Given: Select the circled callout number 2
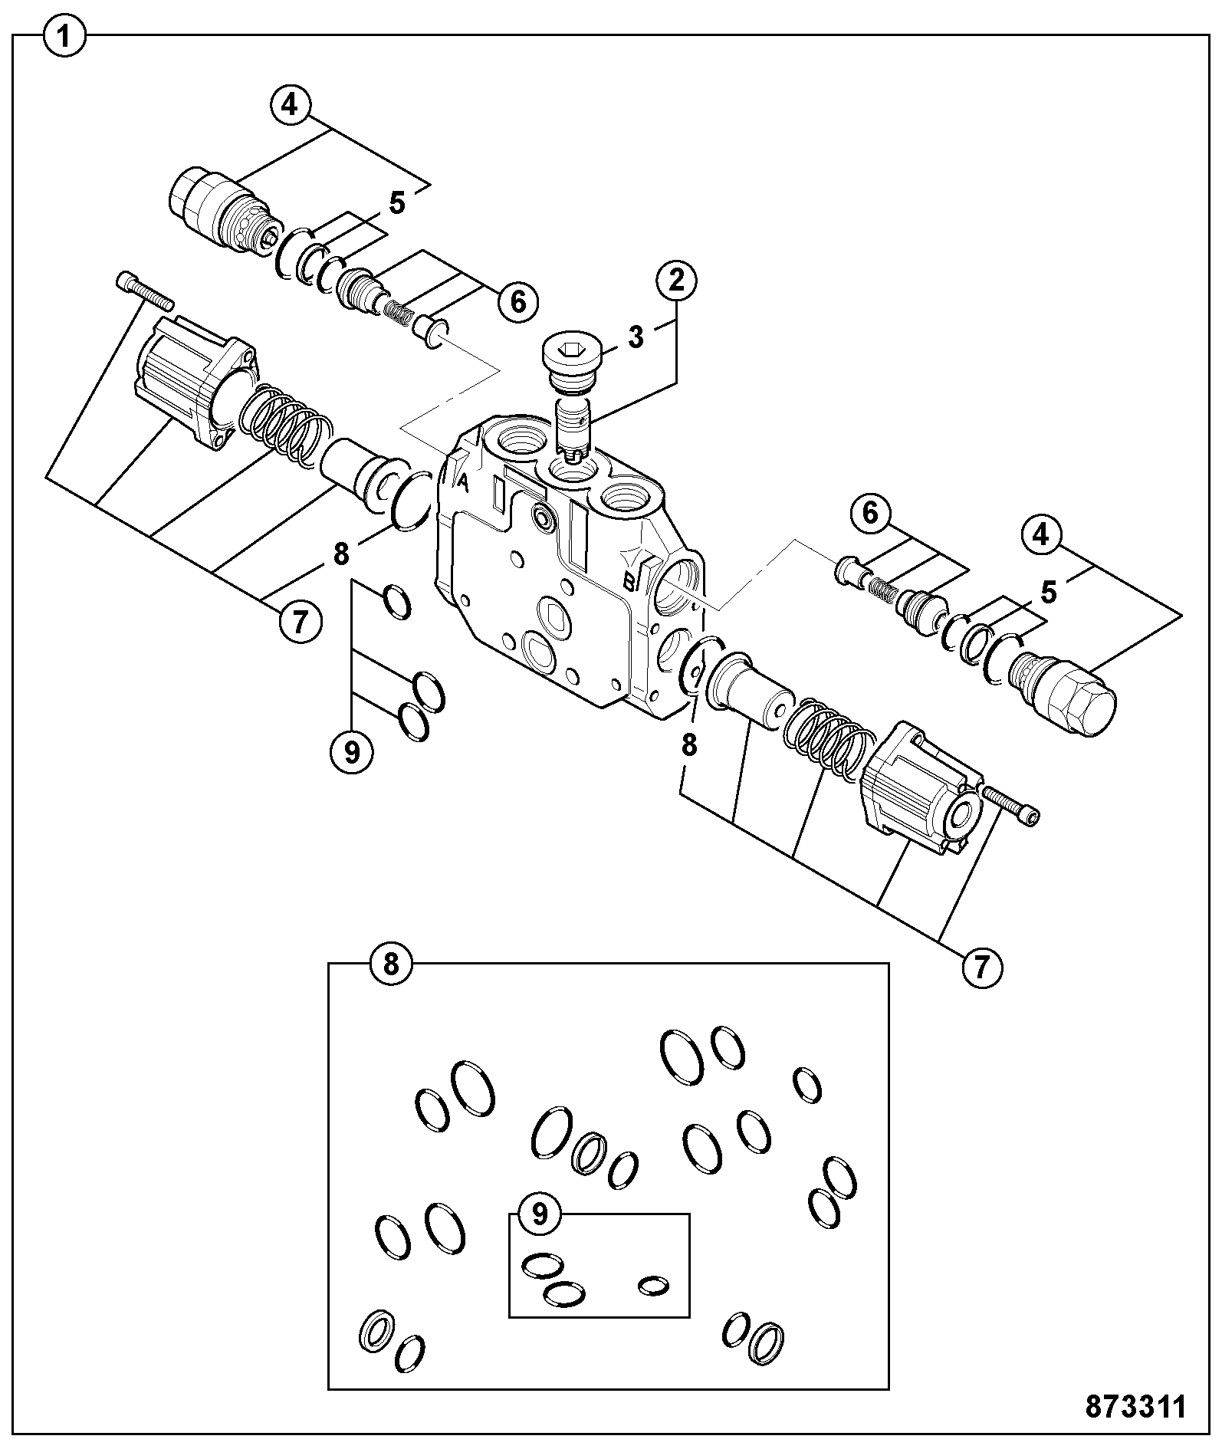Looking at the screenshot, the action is pyautogui.click(x=675, y=280).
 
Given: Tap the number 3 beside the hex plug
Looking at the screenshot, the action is pyautogui.click(x=636, y=337).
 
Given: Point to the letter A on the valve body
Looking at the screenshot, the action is pyautogui.click(x=462, y=482).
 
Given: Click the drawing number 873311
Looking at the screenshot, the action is pyautogui.click(x=1136, y=1406).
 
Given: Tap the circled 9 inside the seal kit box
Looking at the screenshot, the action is pyautogui.click(x=540, y=1214).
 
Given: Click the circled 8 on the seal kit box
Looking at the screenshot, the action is pyautogui.click(x=391, y=964).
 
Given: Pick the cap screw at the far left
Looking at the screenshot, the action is pyautogui.click(x=145, y=290).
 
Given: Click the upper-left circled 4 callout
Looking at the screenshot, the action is pyautogui.click(x=289, y=105).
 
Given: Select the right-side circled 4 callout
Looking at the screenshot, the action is pyautogui.click(x=1040, y=534).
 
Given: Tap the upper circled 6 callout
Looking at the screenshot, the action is pyautogui.click(x=517, y=302).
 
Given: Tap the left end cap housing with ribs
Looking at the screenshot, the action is pyautogui.click(x=196, y=381).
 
